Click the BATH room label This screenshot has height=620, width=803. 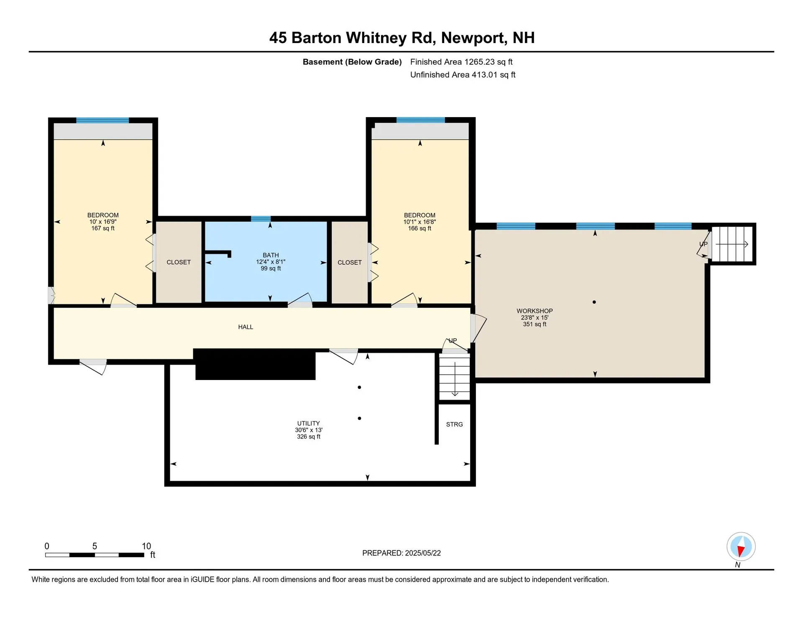pos(271,255)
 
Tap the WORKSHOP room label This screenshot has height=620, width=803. pos(534,311)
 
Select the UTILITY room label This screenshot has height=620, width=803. pos(308,424)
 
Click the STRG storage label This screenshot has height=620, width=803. pos(454,424)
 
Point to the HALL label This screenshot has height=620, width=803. pos(246,327)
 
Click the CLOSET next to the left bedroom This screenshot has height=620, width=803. pos(179,262)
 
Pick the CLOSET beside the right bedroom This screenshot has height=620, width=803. pos(349,263)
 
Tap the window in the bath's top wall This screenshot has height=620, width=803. pos(261,219)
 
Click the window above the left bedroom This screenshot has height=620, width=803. pos(102,120)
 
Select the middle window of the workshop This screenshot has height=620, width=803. pos(595,226)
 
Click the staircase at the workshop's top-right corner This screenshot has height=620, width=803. pos(732,244)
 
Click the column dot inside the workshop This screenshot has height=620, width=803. pos(594,302)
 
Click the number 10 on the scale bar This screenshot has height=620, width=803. pos(146,546)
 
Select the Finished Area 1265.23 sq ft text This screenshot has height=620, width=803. pos(461,62)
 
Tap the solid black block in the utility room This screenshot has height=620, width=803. pos(255,365)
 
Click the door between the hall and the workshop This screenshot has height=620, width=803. pos(478,329)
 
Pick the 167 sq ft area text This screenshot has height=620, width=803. pos(103,228)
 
